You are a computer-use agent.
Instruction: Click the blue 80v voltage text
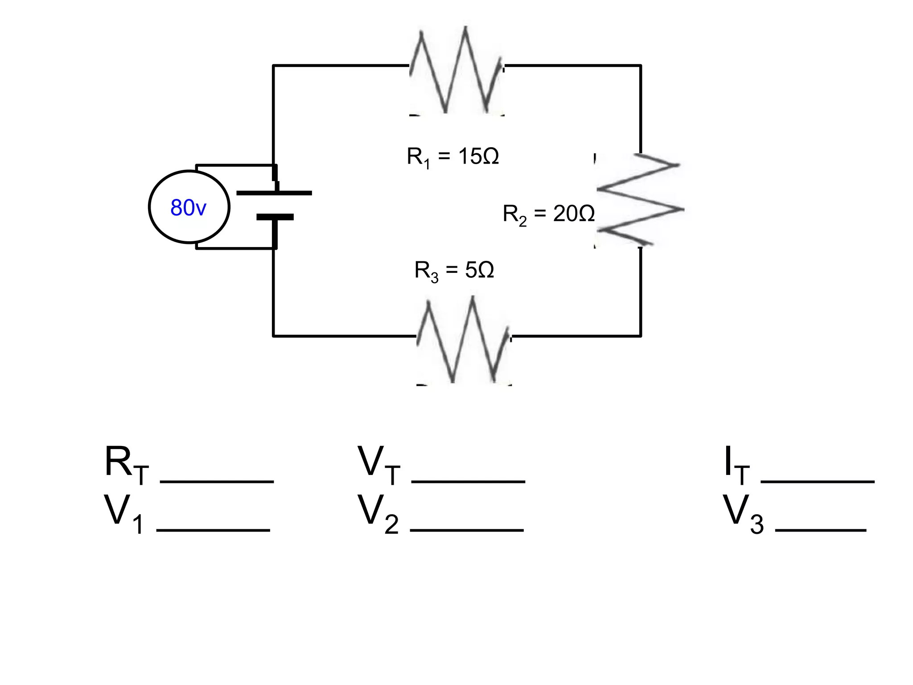pyautogui.click(x=188, y=208)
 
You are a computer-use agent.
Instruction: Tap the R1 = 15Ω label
pyautogui.click(x=452, y=157)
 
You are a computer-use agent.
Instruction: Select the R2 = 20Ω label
pyautogui.click(x=548, y=214)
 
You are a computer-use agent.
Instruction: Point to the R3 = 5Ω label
pyautogui.click(x=454, y=270)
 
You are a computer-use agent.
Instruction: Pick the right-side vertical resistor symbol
pyautogui.click(x=640, y=200)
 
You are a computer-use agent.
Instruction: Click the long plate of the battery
pyautogui.click(x=274, y=193)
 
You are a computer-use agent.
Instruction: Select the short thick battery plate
pyautogui.click(x=275, y=217)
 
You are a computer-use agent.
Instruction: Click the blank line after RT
pyautogui.click(x=217, y=481)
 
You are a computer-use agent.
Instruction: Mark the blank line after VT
pyautogui.click(x=468, y=481)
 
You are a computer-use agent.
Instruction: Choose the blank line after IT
pyautogui.click(x=818, y=481)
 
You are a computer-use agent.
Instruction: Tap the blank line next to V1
pyautogui.click(x=213, y=530)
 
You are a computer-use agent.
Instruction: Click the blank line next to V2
pyautogui.click(x=466, y=530)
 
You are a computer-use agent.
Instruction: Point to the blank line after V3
pyautogui.click(x=821, y=530)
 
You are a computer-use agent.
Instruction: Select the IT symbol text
pyautogui.click(x=736, y=465)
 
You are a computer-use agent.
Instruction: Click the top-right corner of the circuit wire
pyautogui.click(x=641, y=66)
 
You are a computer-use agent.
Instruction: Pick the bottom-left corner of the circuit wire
pyautogui.click(x=273, y=336)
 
